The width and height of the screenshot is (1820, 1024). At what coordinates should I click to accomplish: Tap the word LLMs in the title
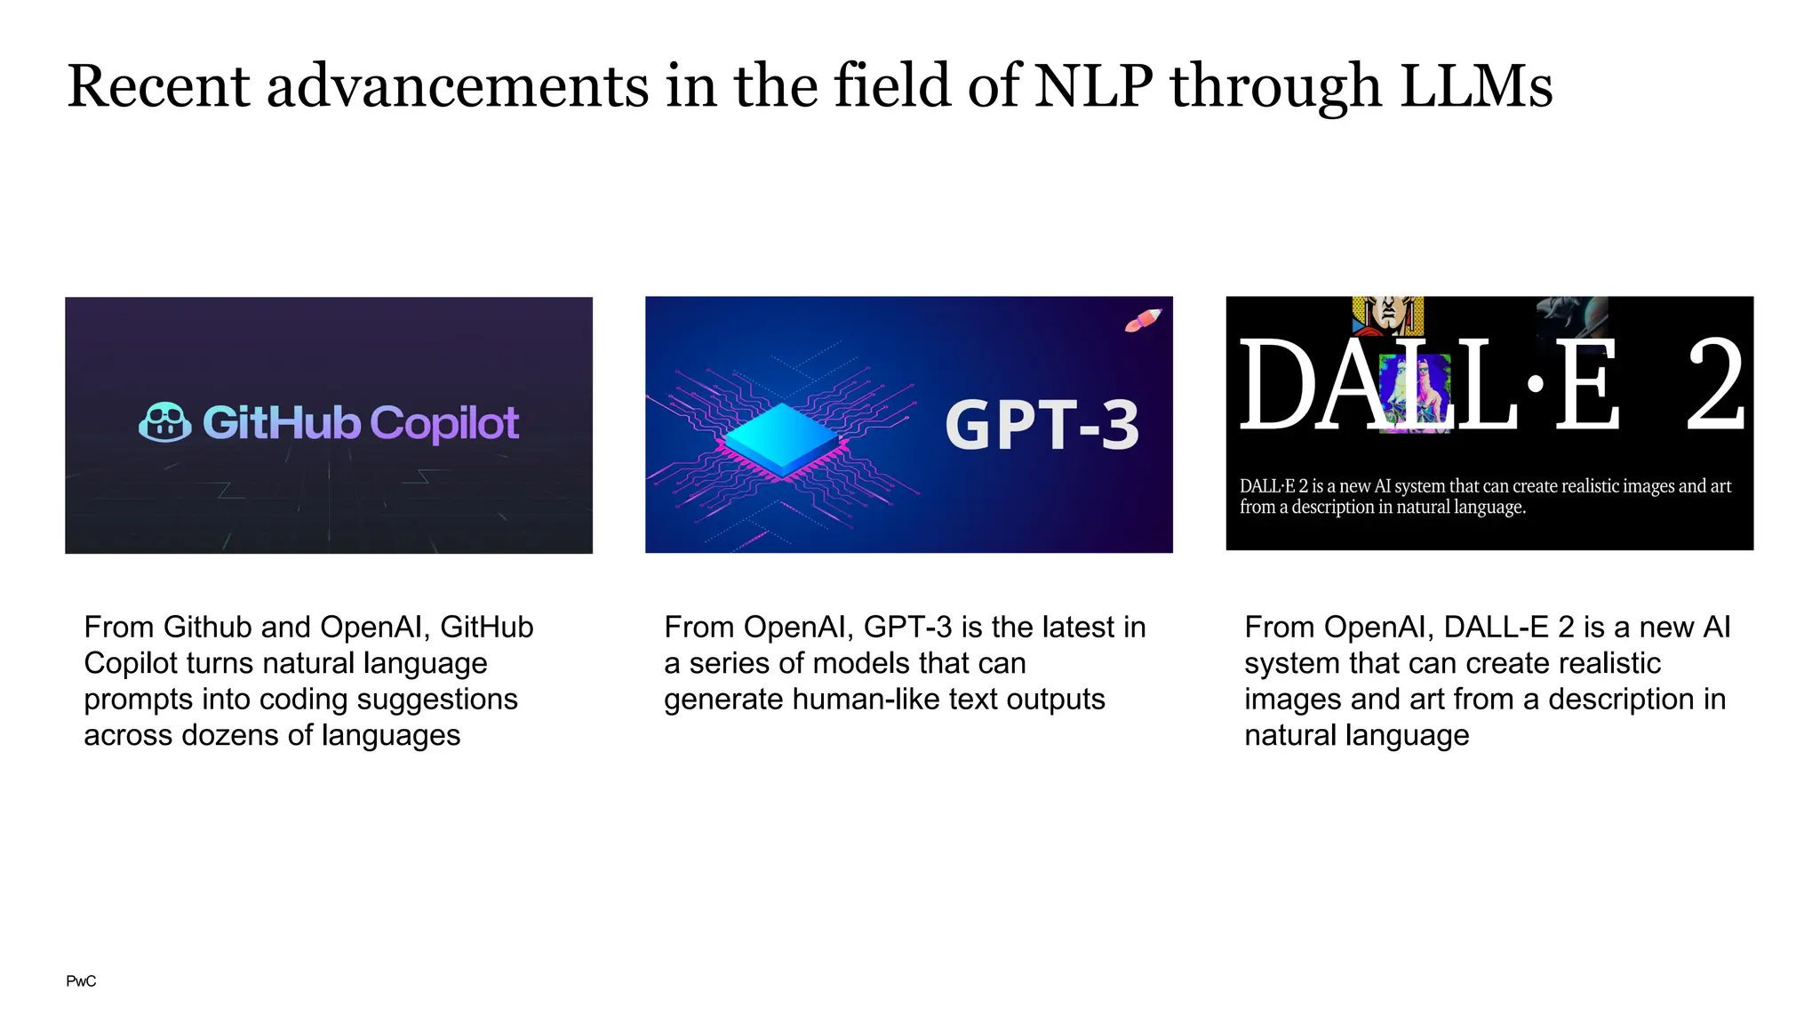pos(1475,86)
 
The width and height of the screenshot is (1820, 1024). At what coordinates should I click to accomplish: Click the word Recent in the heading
pos(159,86)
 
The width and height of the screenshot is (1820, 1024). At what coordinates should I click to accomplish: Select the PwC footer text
pos(81,981)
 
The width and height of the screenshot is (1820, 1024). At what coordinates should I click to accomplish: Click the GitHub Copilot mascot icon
pos(165,422)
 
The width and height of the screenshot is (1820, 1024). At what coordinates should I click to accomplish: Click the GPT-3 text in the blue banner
pos(1042,425)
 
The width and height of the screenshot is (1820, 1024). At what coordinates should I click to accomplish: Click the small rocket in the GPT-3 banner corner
pos(1143,320)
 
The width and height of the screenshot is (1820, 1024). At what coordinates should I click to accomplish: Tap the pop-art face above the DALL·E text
pos(1387,315)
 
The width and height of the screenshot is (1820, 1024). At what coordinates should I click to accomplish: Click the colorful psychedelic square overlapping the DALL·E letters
pos(1415,393)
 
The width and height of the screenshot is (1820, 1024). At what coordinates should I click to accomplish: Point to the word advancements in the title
pos(458,86)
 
